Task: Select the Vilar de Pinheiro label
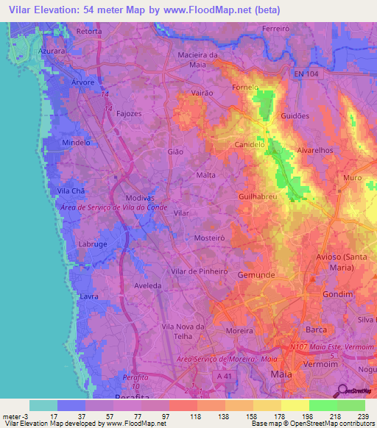click(199, 271)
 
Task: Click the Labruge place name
click(92, 245)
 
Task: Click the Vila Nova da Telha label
click(186, 330)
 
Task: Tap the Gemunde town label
click(256, 274)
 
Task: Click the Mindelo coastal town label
click(76, 142)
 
